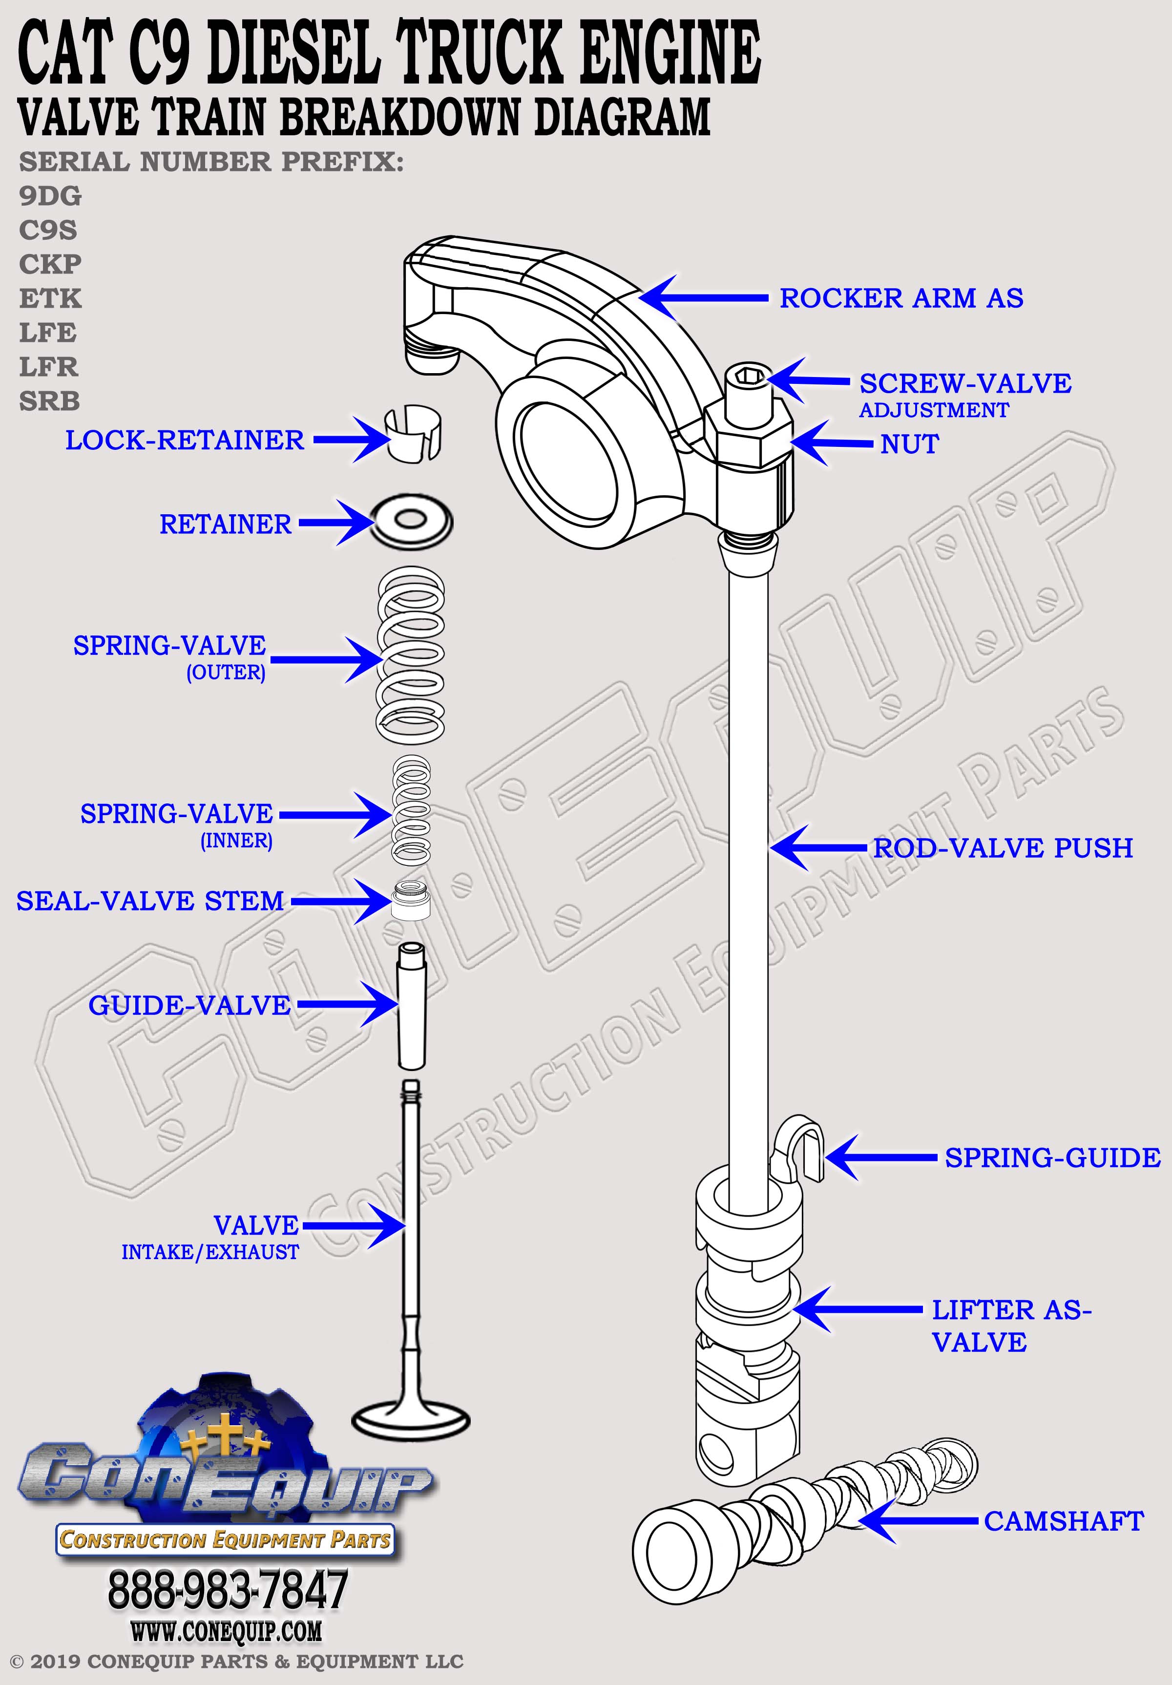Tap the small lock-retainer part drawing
[x=413, y=433]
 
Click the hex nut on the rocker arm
[x=749, y=441]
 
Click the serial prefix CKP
[x=50, y=264]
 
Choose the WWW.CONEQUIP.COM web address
[x=226, y=1631]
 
